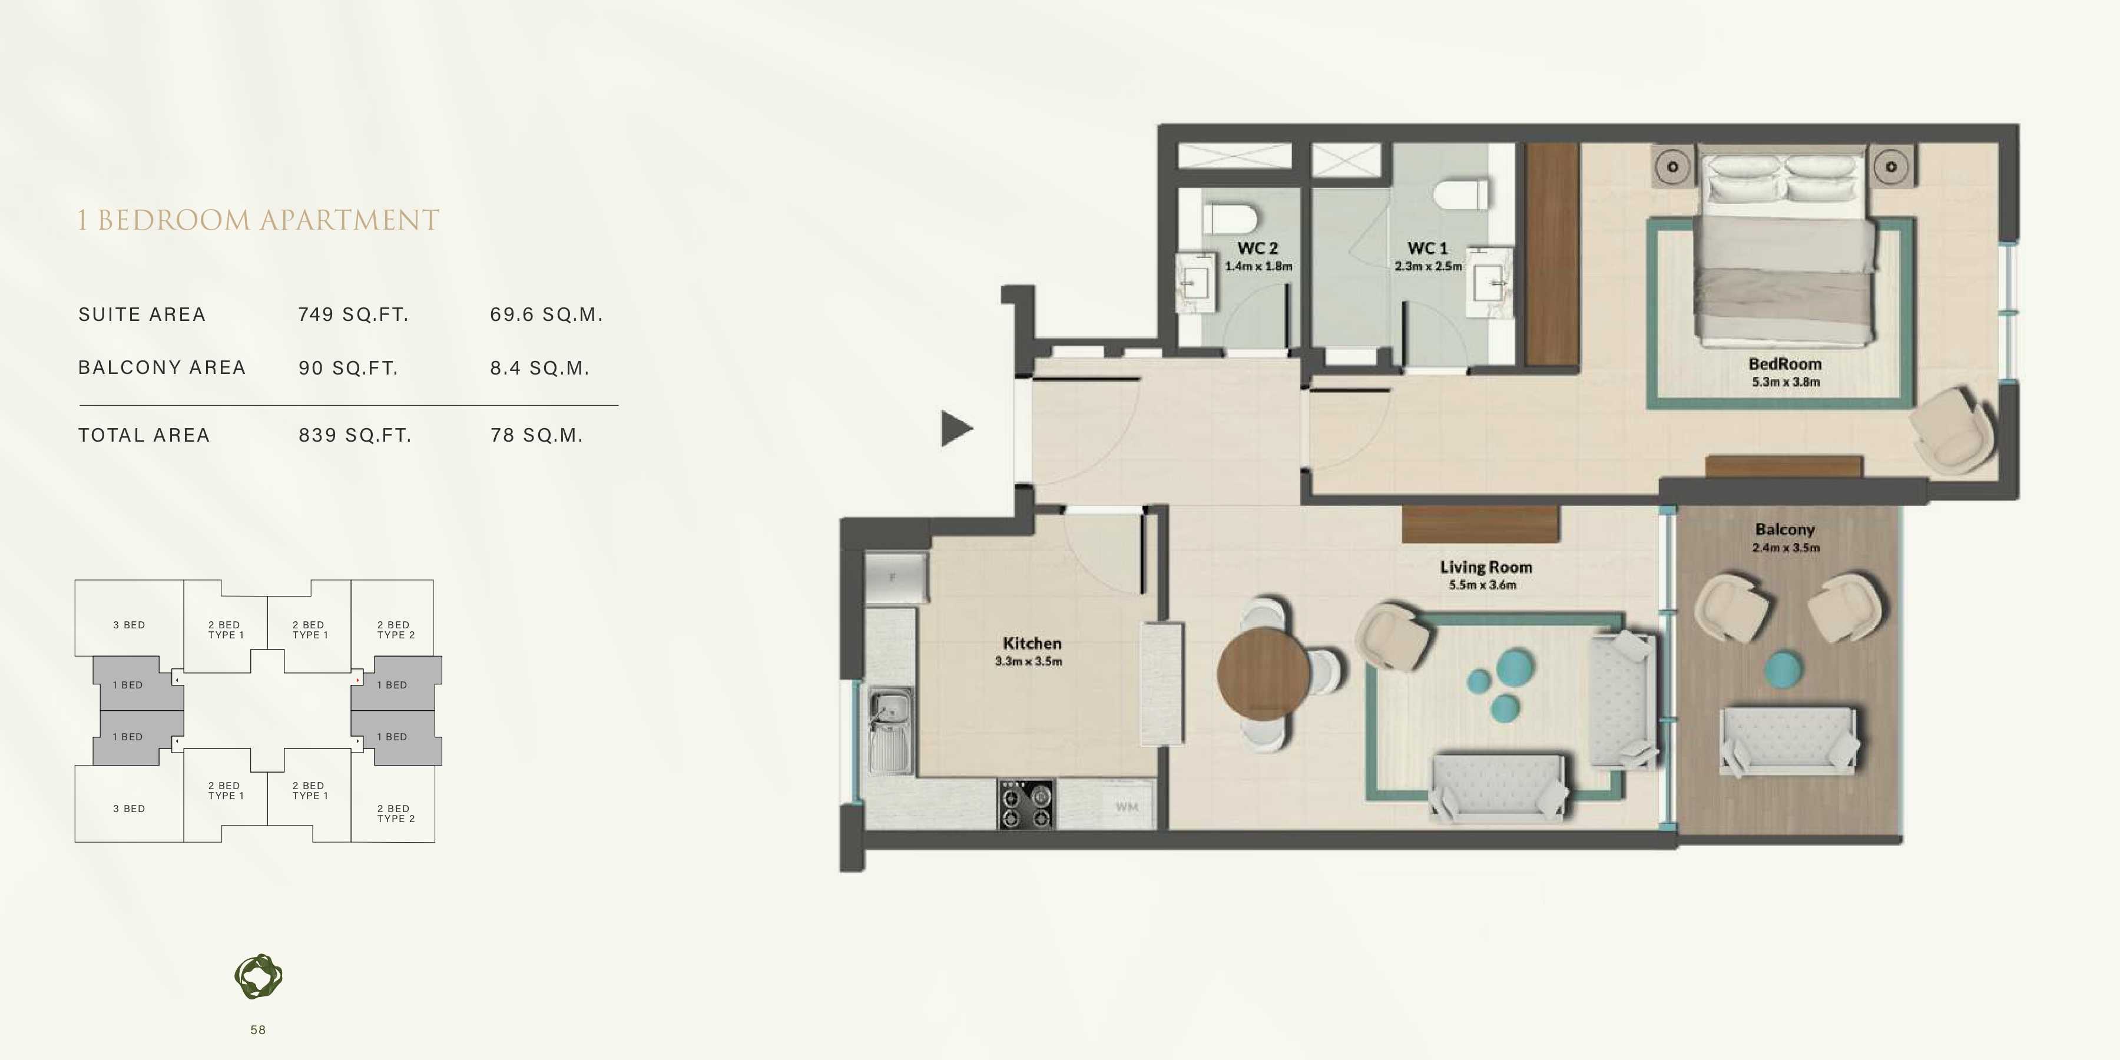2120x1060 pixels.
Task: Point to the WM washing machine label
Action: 1127,807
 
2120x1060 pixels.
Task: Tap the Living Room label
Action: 1486,567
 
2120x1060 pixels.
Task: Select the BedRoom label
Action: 1784,364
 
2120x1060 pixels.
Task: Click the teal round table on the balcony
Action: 1783,668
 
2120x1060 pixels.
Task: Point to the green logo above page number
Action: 259,977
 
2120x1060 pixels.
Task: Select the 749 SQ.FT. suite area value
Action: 353,314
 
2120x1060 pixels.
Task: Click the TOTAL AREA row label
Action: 144,435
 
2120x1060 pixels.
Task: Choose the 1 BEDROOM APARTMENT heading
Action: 259,220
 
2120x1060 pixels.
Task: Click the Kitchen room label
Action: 1031,644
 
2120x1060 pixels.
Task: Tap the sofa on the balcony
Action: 1789,740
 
